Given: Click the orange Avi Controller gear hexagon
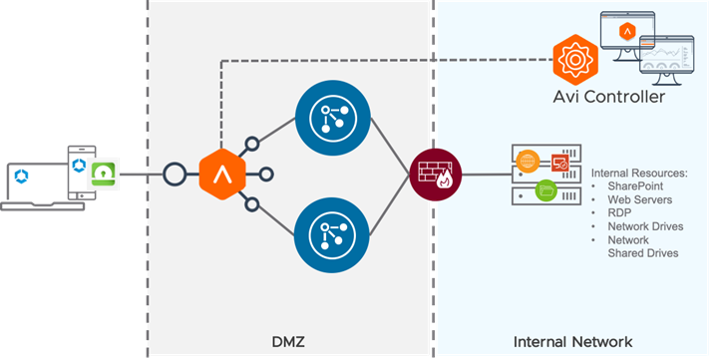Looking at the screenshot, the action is [x=575, y=60].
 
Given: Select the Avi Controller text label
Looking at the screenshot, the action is [x=609, y=97].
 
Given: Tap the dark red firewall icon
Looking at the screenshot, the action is [x=436, y=175].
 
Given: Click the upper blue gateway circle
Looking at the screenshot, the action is [x=332, y=118].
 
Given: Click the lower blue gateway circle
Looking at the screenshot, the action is [x=331, y=235].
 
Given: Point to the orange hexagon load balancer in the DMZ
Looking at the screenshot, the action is [x=222, y=175].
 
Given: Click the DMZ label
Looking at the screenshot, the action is [x=288, y=342].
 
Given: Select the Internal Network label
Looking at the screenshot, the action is [x=572, y=342].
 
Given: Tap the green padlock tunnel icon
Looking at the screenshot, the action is [x=104, y=175].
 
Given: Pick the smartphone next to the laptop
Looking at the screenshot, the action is [x=82, y=173].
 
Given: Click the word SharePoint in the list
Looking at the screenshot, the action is [x=635, y=186].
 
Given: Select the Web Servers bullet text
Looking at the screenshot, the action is [x=639, y=199].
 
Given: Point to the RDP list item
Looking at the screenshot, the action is [x=619, y=213].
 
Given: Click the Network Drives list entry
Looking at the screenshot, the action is [x=645, y=226].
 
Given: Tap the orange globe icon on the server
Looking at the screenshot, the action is [x=528, y=162].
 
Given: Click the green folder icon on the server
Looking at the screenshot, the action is [x=545, y=190].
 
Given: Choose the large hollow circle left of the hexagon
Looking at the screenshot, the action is [x=175, y=175].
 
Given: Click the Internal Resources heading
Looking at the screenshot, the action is [x=639, y=174].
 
